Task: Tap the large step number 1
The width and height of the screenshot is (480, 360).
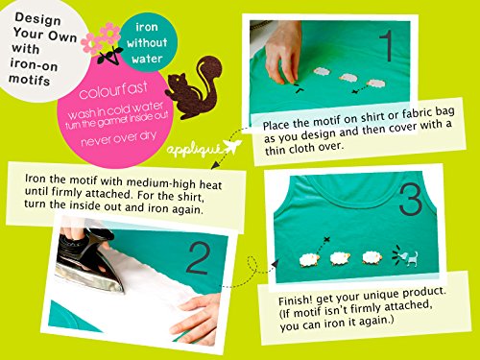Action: pyautogui.click(x=387, y=45)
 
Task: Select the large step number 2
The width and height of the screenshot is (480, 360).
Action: pyautogui.click(x=198, y=258)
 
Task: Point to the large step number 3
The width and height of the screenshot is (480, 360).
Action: pyautogui.click(x=411, y=200)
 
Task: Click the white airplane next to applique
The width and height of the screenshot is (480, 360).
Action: pyautogui.click(x=231, y=147)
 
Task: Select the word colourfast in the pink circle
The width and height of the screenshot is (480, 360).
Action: pyautogui.click(x=113, y=89)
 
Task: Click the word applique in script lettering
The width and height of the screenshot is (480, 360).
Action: pyautogui.click(x=194, y=150)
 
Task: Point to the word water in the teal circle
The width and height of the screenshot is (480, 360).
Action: pyautogui.click(x=147, y=59)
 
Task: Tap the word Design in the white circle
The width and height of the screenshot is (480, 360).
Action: pyautogui.click(x=37, y=18)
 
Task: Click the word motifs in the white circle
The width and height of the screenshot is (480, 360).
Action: pyautogui.click(x=29, y=80)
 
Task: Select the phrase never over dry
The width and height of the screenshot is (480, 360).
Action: pyautogui.click(x=119, y=138)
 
